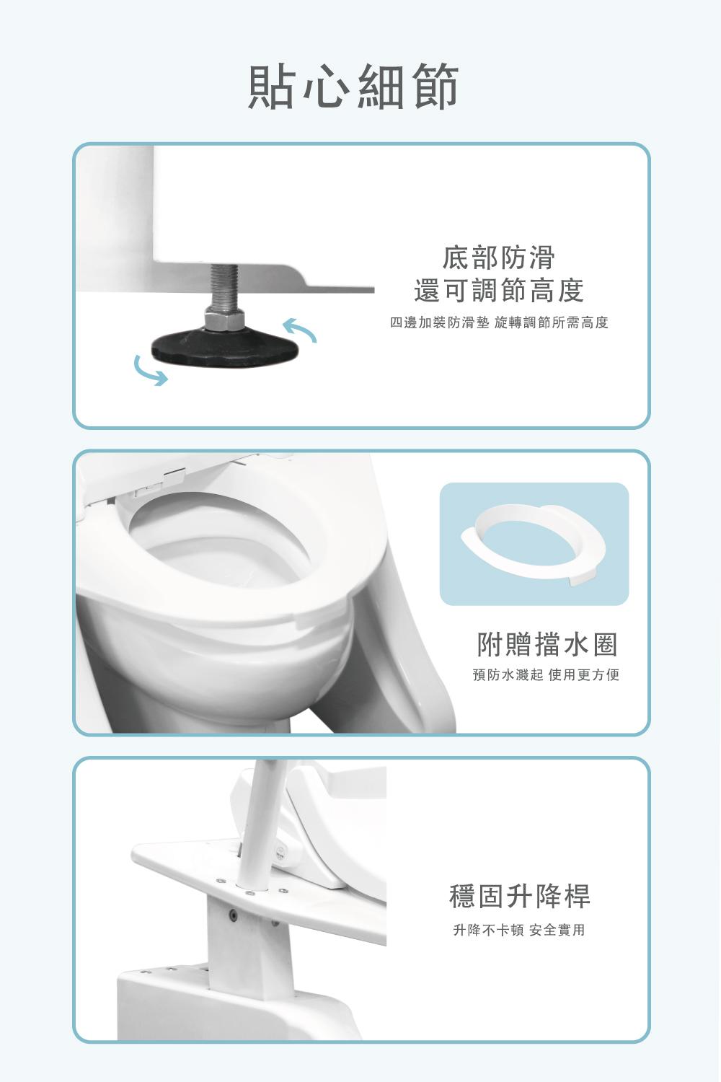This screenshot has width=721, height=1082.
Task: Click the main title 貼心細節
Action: click(x=353, y=86)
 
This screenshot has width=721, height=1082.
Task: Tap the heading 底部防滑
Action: click(x=499, y=258)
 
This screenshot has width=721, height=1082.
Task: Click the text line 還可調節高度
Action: click(x=499, y=290)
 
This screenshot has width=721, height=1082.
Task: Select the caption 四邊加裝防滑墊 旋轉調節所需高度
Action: click(x=499, y=322)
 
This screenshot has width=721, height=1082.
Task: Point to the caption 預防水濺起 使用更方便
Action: click(x=547, y=674)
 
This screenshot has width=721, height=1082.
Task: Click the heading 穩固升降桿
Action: click(x=520, y=896)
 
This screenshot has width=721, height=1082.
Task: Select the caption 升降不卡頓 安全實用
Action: click(x=519, y=930)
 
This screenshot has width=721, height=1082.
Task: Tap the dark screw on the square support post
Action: click(x=234, y=913)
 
